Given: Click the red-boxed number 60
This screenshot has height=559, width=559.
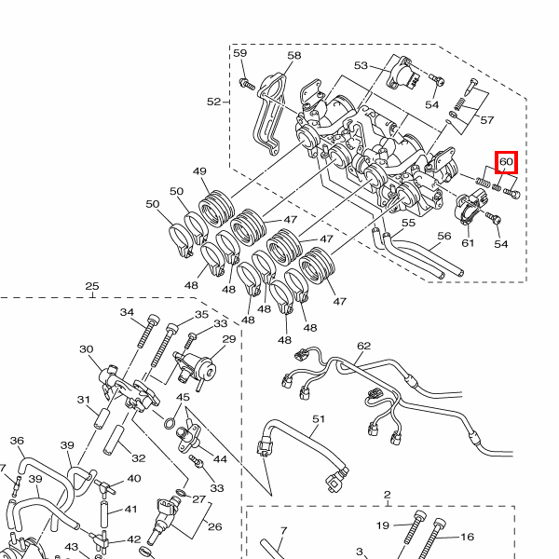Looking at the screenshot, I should pos(506,162).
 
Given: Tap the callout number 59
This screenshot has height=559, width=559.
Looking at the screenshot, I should pos(240,54).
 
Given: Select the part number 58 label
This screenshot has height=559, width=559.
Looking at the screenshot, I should pos(294,56).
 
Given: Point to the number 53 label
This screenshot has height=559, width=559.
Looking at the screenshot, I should pos(361,66).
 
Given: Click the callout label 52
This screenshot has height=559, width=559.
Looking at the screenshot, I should pos(214,101).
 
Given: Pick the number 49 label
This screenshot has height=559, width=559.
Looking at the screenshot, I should pos(199,171).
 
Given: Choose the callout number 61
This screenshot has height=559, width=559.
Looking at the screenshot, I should pos(468,243).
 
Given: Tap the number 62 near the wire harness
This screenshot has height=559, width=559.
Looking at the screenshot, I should pos(363,346).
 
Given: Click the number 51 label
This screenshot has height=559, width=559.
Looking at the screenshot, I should pos(319,419).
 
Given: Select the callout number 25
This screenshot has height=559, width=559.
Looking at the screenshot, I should pos(91,286).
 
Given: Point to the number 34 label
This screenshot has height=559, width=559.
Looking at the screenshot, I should pos(128,313).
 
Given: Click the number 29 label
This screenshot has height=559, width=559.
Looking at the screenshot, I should pos(229,339).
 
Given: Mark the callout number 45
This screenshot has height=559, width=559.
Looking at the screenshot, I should pos(183,398).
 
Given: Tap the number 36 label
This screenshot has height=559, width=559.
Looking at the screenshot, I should pos(17,441).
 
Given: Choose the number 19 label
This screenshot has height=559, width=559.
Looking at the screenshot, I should pos(383,525).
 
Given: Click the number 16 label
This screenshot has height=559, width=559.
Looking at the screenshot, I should pos(468,537).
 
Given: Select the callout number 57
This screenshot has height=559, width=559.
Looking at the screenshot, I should pos(487,120).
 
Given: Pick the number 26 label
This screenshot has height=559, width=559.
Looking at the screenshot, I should pos(215,526).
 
